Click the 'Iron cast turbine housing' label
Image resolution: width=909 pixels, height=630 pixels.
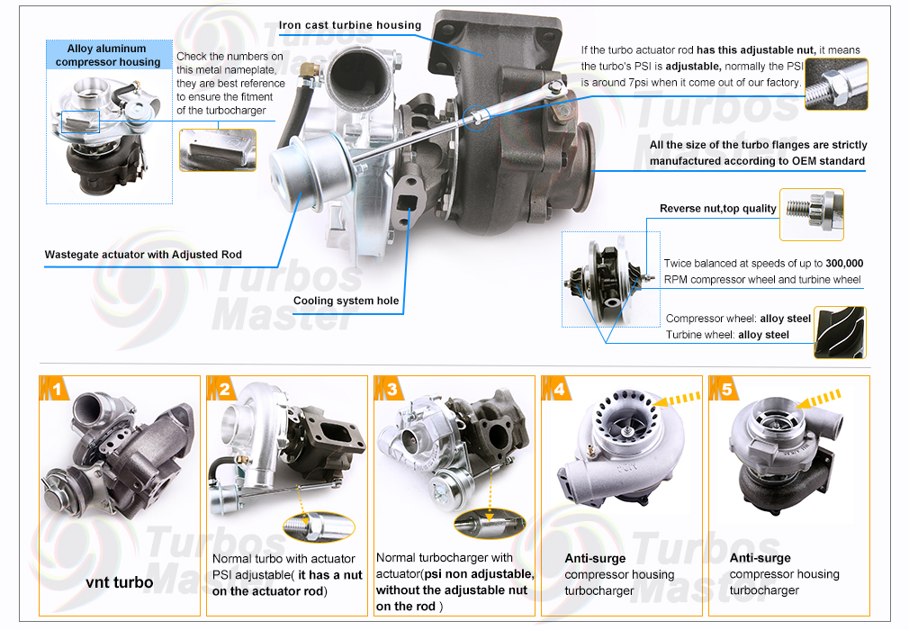(349, 25)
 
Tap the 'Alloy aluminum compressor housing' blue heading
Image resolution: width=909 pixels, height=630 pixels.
(108, 55)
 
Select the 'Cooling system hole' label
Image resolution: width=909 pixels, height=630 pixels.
(346, 301)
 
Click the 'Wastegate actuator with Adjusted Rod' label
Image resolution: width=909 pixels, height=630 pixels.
(143, 255)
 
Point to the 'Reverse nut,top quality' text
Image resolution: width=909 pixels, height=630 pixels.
(717, 208)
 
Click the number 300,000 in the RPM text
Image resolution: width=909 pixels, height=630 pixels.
(844, 263)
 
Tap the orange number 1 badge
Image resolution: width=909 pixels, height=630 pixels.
(54, 388)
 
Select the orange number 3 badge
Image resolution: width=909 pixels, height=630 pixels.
(389, 388)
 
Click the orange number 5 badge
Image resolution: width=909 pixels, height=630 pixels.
(724, 388)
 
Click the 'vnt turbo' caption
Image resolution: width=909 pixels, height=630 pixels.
(120, 582)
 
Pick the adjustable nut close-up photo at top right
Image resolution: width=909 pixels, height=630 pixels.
(836, 84)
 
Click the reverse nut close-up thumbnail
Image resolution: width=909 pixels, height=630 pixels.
(812, 214)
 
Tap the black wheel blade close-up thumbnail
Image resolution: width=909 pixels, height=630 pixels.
(840, 332)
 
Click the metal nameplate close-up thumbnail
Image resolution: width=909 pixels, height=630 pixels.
(218, 150)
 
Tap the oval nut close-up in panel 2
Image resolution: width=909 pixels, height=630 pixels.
(319, 526)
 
